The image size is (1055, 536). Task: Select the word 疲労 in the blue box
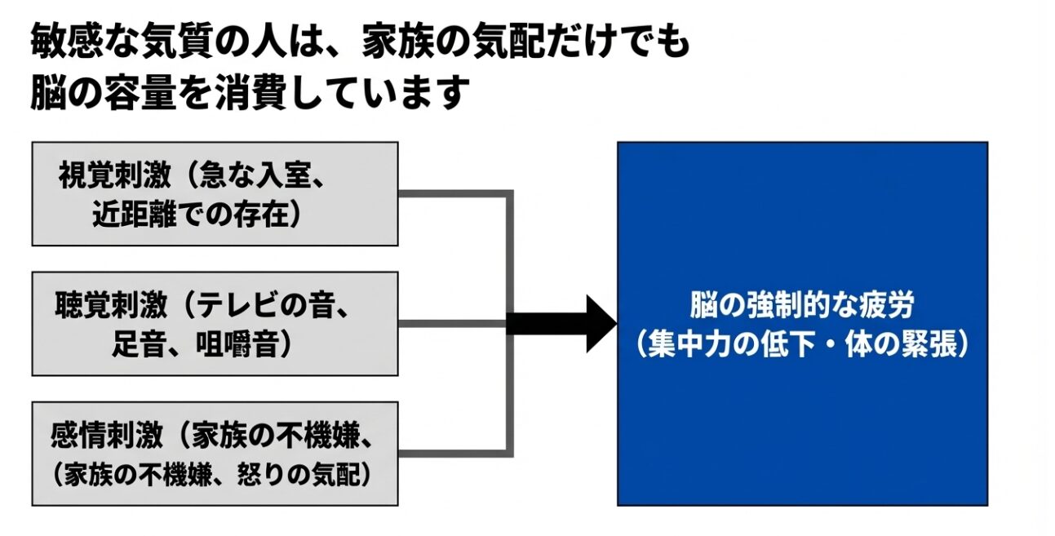889,306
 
